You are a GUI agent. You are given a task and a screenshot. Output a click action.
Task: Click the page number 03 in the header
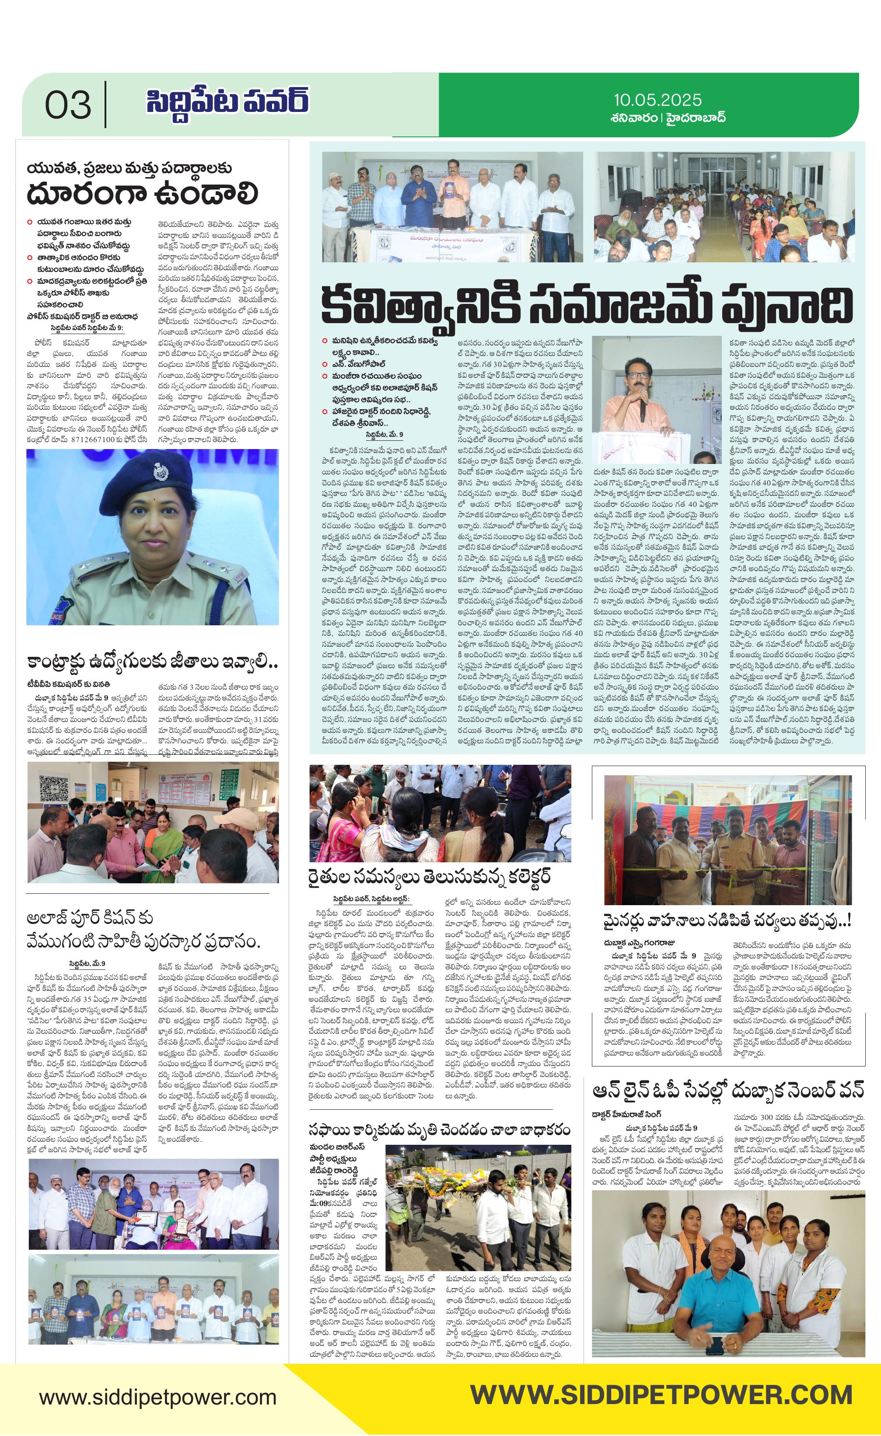click(x=68, y=105)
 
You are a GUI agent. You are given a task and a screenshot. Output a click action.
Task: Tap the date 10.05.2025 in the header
click(x=657, y=100)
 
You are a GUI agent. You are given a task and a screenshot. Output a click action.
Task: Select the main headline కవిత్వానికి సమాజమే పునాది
click(x=586, y=303)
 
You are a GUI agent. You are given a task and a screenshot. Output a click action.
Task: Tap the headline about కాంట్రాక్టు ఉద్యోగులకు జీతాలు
click(x=152, y=662)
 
